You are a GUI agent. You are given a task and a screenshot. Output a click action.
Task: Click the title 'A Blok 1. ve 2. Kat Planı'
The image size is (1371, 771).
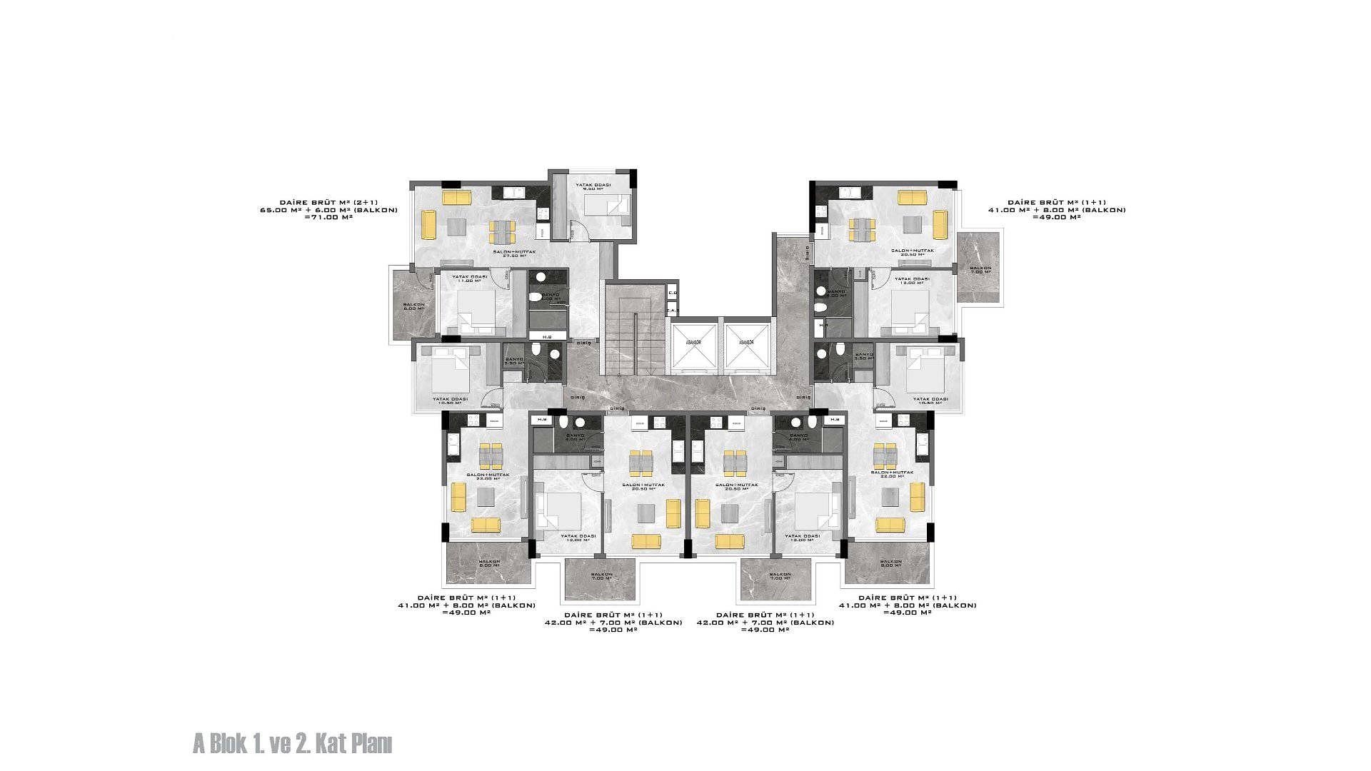(x=292, y=744)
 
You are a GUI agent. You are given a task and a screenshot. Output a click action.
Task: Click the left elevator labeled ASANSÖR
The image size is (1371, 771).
(x=693, y=347)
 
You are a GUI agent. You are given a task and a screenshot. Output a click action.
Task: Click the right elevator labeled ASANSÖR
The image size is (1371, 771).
(x=747, y=347)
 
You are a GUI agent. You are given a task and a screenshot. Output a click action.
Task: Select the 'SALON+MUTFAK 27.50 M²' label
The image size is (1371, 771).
(x=513, y=254)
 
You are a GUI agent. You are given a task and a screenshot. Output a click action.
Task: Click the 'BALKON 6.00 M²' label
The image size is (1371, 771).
(x=413, y=306)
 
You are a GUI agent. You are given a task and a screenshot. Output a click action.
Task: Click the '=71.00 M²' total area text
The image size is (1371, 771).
(x=328, y=217)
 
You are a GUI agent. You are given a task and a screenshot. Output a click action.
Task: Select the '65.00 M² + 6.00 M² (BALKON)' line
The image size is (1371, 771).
(x=328, y=210)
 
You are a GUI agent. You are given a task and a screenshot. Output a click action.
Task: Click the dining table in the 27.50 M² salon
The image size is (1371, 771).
(x=502, y=231)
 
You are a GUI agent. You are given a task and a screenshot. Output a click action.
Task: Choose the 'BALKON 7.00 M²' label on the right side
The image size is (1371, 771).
(x=980, y=271)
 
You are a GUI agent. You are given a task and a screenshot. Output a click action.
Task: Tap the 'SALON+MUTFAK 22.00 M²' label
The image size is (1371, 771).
(x=892, y=474)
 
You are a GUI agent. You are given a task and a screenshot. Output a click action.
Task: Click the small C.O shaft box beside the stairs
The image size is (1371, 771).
(x=672, y=293)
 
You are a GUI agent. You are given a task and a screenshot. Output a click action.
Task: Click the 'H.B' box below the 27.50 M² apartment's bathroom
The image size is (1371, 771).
(x=547, y=337)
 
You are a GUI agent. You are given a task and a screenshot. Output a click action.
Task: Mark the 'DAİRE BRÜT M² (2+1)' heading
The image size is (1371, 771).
(x=328, y=203)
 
